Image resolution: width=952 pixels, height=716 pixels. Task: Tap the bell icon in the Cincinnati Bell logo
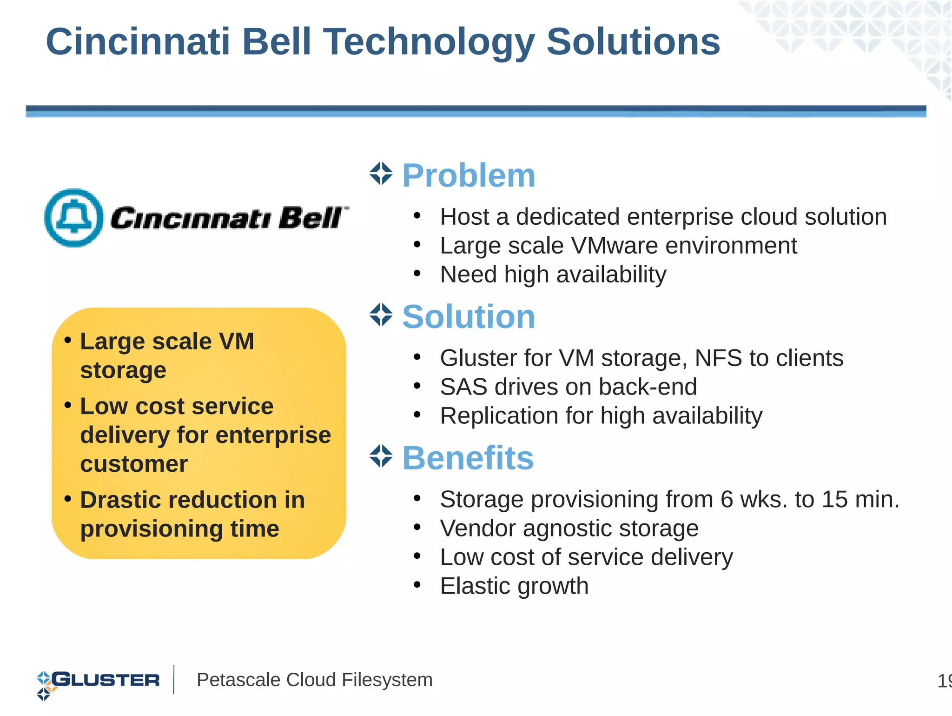(x=74, y=217)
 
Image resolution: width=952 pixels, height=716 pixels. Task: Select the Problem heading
(x=469, y=176)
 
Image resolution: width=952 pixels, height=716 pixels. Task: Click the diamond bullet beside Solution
(x=381, y=315)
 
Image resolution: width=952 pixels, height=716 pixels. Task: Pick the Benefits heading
(x=468, y=458)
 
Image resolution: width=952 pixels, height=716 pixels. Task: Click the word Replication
(x=498, y=416)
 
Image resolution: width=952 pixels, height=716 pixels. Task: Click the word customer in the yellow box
(x=134, y=464)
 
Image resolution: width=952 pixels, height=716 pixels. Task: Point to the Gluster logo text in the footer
(x=106, y=680)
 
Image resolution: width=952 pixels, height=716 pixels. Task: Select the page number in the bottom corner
(x=945, y=681)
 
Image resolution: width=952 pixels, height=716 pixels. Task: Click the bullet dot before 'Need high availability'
(x=417, y=274)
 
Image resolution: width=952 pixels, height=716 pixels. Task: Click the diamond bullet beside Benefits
(x=381, y=456)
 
